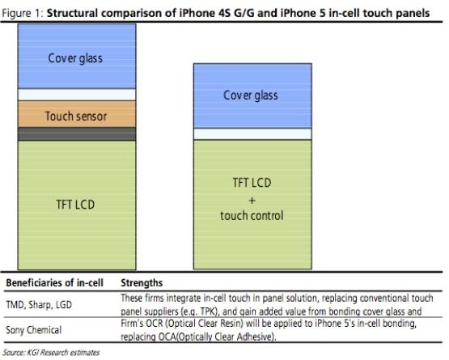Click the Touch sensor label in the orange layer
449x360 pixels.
[x=76, y=116]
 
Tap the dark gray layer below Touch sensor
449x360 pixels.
[x=77, y=134]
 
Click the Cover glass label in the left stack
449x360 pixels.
[x=75, y=58]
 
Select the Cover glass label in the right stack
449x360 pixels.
[x=251, y=95]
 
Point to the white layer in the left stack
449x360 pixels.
[x=77, y=95]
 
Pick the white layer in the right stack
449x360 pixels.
[x=252, y=133]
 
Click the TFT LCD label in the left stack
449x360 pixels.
[x=75, y=205]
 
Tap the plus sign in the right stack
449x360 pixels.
[x=252, y=200]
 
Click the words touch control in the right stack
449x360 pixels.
[x=252, y=216]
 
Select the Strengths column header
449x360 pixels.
[x=142, y=283]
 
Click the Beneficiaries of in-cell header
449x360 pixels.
[x=55, y=283]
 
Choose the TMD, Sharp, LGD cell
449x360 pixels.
[x=39, y=305]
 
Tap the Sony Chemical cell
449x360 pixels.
[x=34, y=330]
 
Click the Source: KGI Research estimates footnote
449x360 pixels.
[x=51, y=352]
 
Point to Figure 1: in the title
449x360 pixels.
[x=23, y=14]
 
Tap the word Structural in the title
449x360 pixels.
[x=72, y=13]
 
